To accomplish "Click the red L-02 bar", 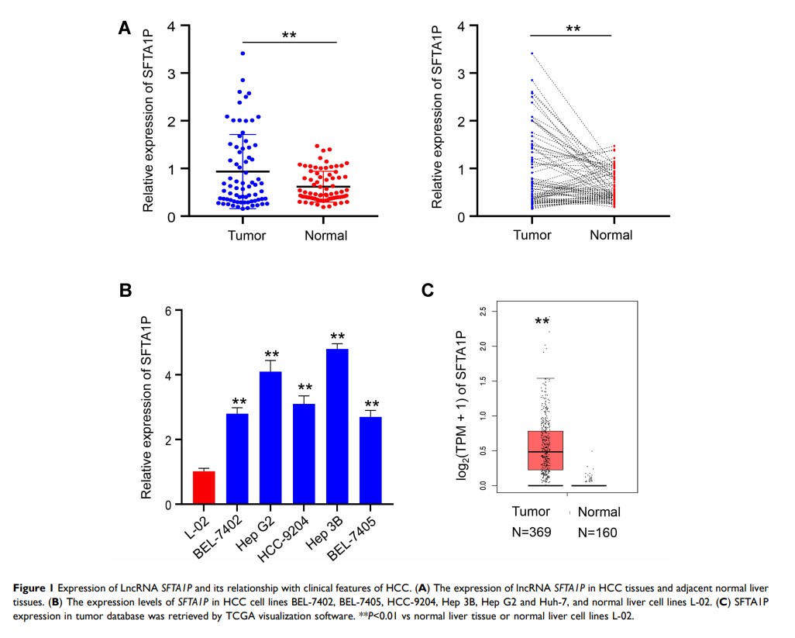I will pyautogui.click(x=204, y=488).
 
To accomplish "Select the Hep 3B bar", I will pyautogui.click(x=337, y=426).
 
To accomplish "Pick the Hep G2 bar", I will pyautogui.click(x=270, y=438).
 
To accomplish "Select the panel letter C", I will pyautogui.click(x=428, y=290).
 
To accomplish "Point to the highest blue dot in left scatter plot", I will pyautogui.click(x=243, y=53).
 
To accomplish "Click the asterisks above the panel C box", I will pyautogui.click(x=542, y=321).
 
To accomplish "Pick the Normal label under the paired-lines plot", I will pyautogui.click(x=611, y=235).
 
